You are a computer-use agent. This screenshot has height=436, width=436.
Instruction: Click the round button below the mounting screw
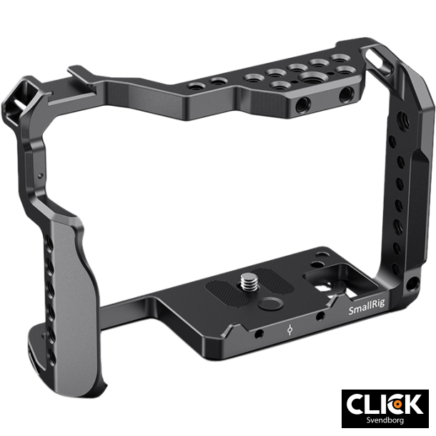pos(268,303)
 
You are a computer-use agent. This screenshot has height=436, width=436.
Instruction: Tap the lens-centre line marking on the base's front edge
pos(288,331)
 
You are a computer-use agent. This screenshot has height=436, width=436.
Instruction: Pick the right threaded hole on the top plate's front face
pos(347,94)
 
